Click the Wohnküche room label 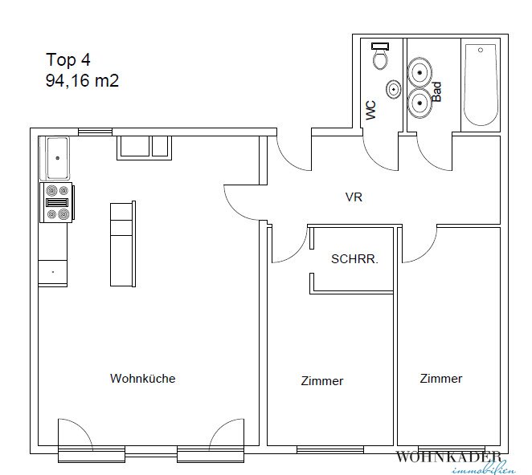pyautogui.click(x=143, y=378)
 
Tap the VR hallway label pyautogui.click(x=354, y=197)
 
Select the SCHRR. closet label pyautogui.click(x=354, y=259)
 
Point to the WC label pyautogui.click(x=370, y=110)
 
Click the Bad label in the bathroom pyautogui.click(x=437, y=91)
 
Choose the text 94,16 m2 pyautogui.click(x=82, y=80)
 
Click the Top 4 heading pyautogui.click(x=68, y=59)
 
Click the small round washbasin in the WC pyautogui.click(x=394, y=89)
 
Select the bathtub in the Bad pyautogui.click(x=481, y=85)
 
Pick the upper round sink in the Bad pyautogui.click(x=419, y=72)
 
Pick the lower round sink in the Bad pyautogui.click(x=419, y=103)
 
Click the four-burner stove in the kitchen pyautogui.click(x=56, y=203)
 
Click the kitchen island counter pyautogui.click(x=123, y=244)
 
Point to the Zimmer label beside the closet pyautogui.click(x=322, y=381)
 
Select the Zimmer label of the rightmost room pyautogui.click(x=441, y=378)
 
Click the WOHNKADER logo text pyautogui.click(x=448, y=457)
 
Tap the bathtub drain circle pyautogui.click(x=481, y=50)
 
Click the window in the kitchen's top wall pyautogui.click(x=96, y=132)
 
